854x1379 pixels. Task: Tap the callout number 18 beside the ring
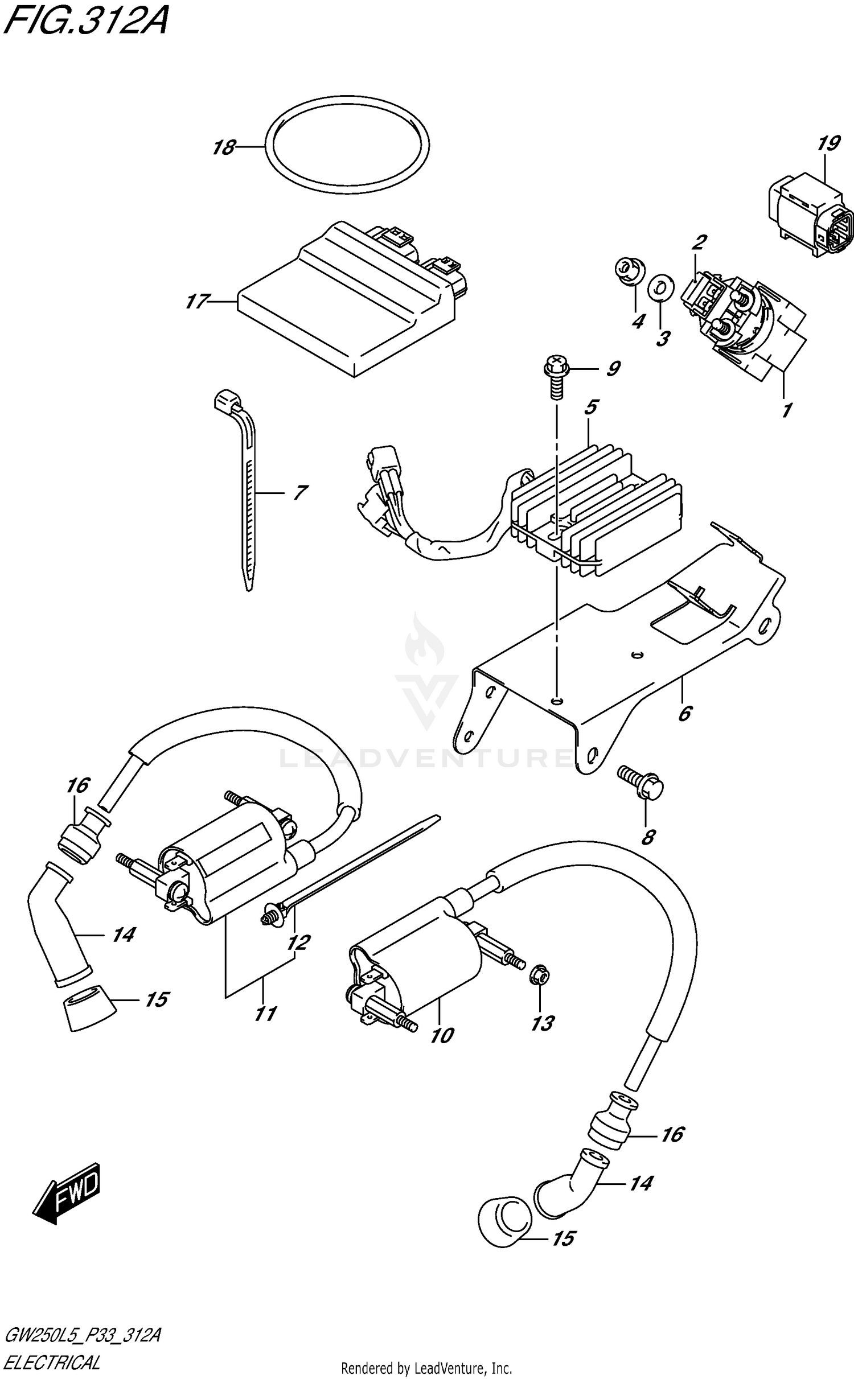(223, 148)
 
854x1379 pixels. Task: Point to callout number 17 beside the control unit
(195, 301)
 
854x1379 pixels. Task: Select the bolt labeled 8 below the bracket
(643, 785)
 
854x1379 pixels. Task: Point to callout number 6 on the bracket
(685, 713)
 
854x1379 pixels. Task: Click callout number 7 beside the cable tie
(299, 492)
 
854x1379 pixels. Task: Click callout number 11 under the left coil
(265, 1014)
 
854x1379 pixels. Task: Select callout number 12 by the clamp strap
(298, 942)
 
